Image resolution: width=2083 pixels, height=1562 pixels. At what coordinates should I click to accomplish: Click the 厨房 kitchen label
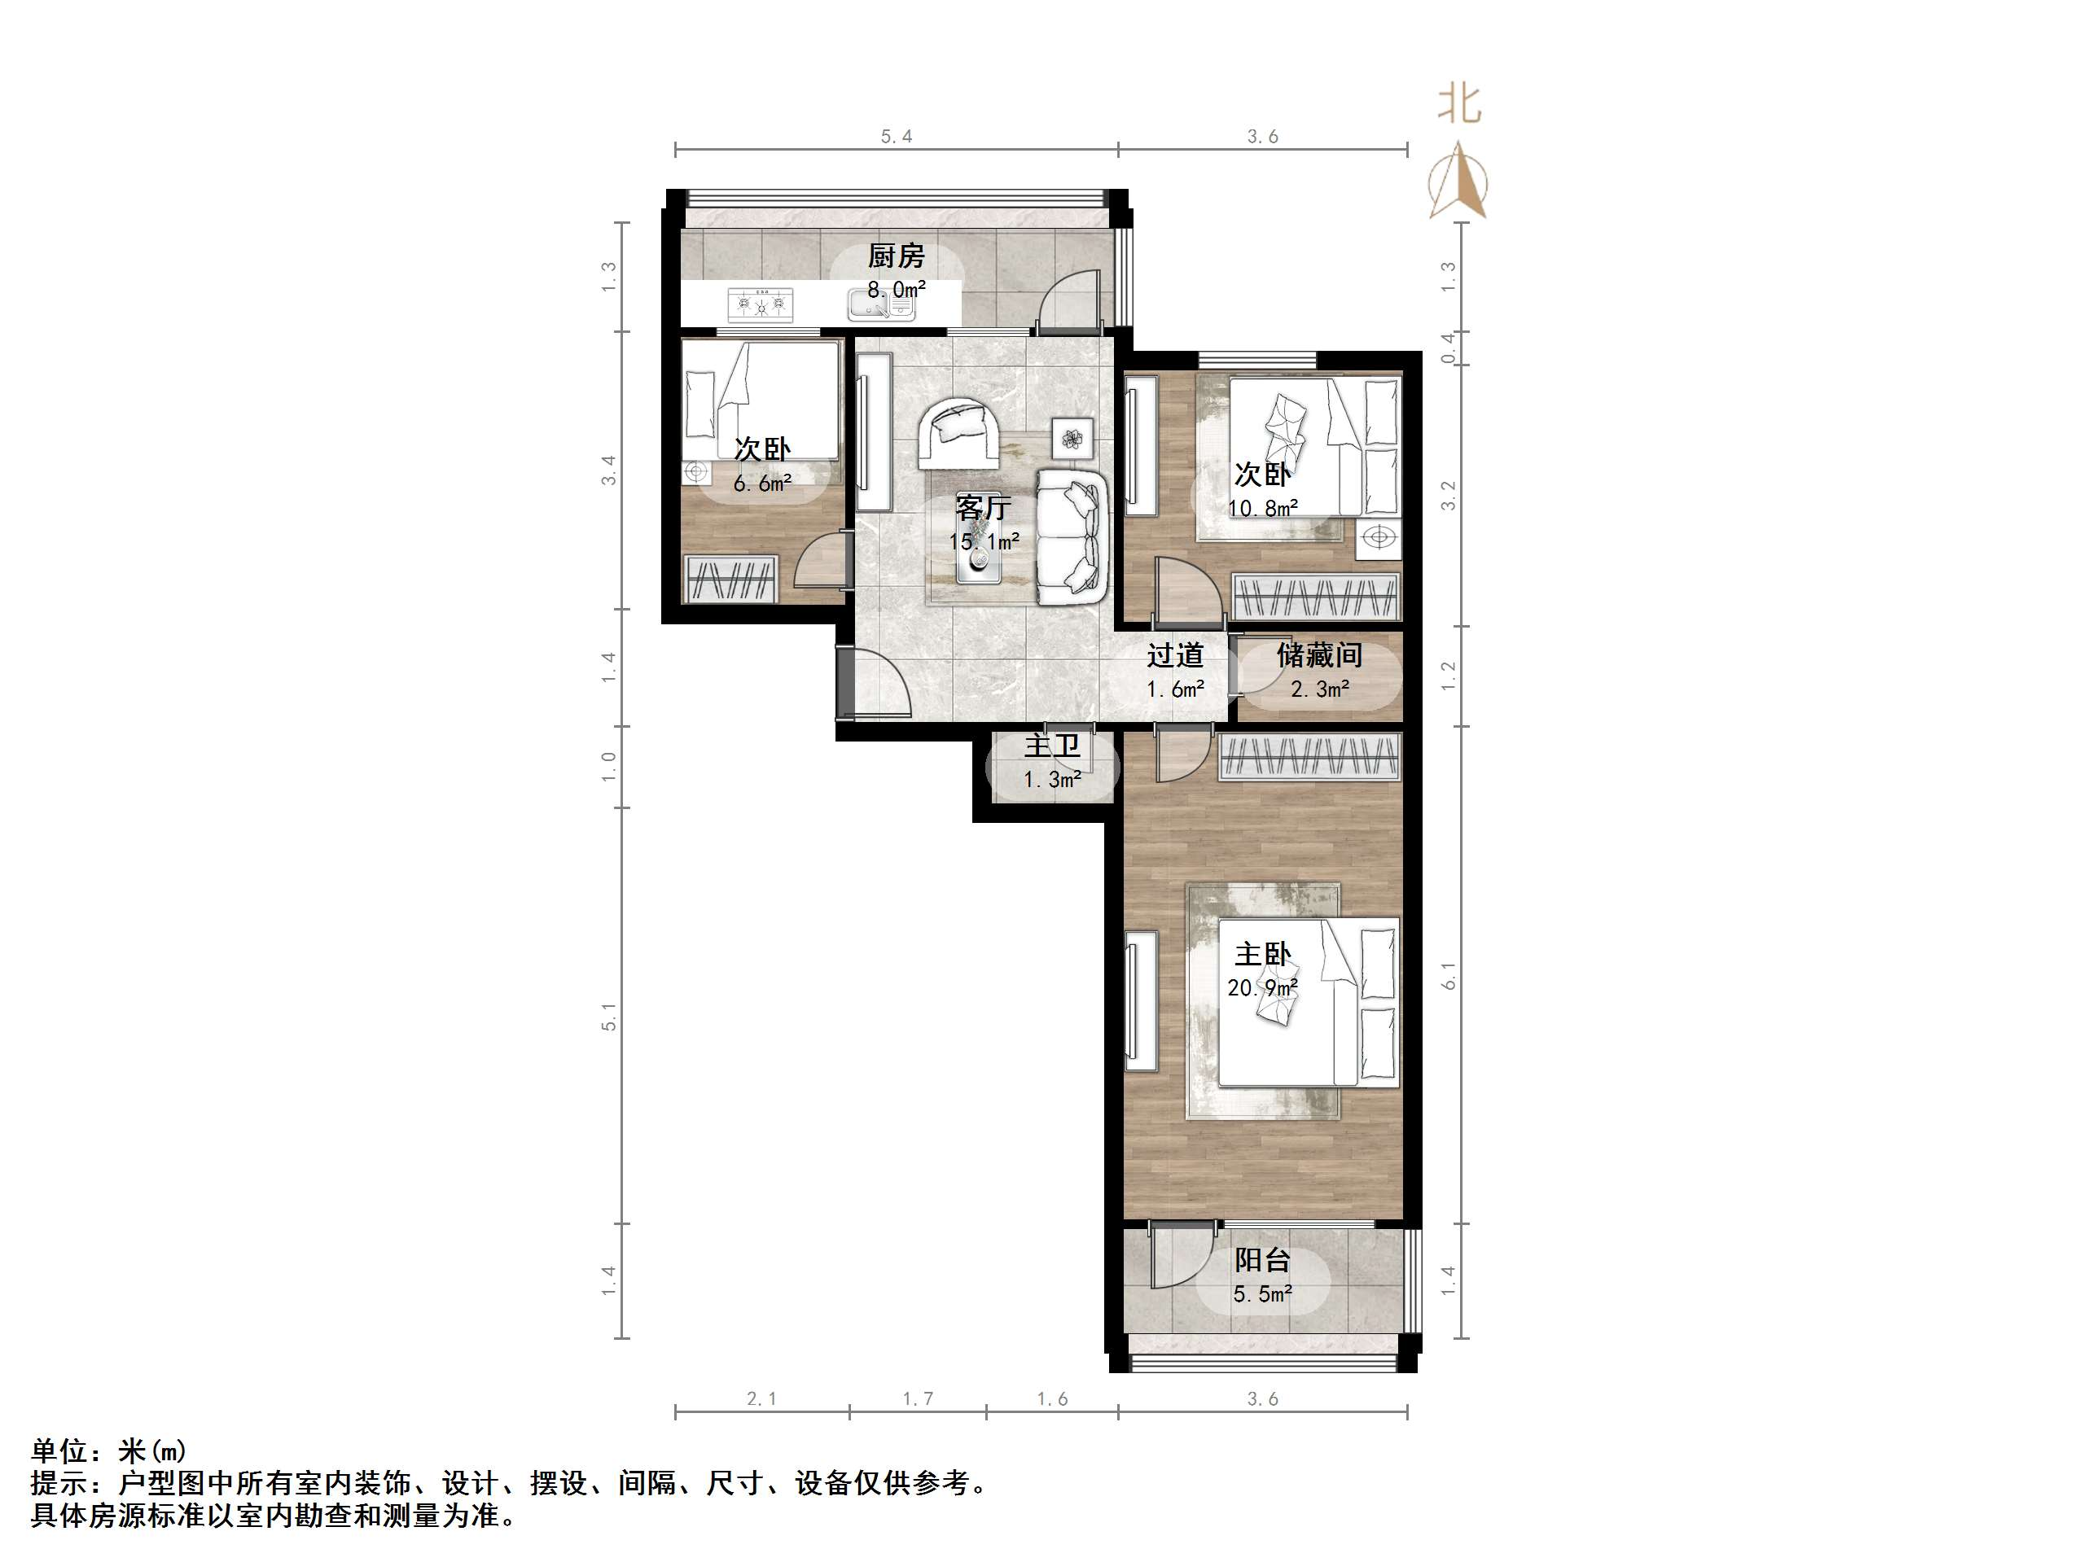(896, 256)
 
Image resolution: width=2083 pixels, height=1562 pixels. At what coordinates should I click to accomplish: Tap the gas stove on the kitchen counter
(760, 304)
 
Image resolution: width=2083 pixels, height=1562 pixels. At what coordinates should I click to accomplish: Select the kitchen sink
(880, 306)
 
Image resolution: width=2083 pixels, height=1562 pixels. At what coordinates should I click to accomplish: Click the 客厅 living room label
(983, 509)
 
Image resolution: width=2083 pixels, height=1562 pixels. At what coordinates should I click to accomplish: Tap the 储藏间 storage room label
(1319, 655)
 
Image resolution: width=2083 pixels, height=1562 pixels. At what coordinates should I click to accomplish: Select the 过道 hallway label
(1175, 655)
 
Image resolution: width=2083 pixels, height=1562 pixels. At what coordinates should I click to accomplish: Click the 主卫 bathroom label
(1052, 746)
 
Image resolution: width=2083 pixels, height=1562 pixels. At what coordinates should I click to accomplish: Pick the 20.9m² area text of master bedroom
(1263, 987)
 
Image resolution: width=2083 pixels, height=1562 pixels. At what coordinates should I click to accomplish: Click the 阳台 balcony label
(1262, 1260)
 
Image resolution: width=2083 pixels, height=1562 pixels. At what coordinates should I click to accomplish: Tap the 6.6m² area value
(762, 484)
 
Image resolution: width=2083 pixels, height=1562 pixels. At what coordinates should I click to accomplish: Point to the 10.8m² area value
(1263, 509)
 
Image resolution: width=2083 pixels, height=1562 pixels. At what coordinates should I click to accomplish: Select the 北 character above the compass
(1458, 103)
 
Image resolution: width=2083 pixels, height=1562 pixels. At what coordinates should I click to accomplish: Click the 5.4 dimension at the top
(897, 137)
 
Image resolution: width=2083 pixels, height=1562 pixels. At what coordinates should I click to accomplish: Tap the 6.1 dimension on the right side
(1449, 974)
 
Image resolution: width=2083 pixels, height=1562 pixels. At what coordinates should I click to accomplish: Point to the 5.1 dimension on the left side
(609, 1017)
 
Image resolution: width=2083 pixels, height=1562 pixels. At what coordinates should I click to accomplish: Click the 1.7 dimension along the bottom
(919, 1399)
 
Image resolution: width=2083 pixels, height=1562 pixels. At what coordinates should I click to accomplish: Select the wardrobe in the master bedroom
(1309, 758)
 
